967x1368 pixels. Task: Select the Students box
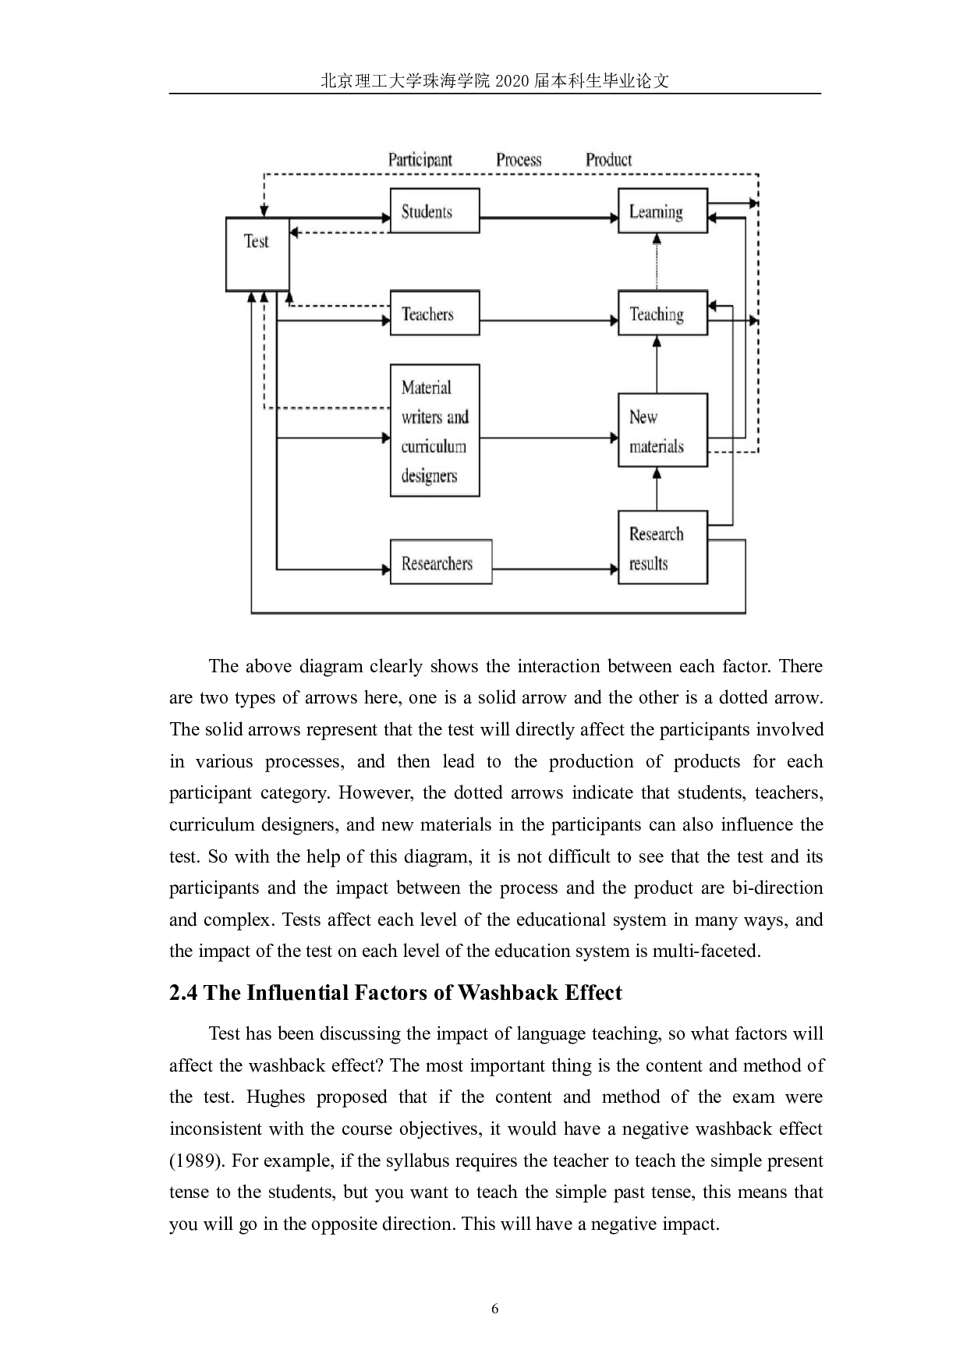coord(434,211)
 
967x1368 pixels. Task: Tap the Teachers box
coord(434,314)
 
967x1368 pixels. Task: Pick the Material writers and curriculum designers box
coord(434,431)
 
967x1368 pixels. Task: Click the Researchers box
coord(441,562)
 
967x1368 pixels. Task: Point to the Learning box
coord(662,211)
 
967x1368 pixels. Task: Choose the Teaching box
coord(662,314)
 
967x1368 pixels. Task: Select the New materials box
coord(662,431)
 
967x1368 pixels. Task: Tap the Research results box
coord(662,548)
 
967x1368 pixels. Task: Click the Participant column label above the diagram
coord(420,160)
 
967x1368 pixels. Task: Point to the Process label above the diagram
coord(519,160)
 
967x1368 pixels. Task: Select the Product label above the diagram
coord(608,160)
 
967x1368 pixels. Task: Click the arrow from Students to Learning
coord(548,219)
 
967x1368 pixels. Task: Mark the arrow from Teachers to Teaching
coord(548,320)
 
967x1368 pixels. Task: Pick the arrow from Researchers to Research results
coord(554,569)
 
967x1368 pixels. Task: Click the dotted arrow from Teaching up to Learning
coord(657,262)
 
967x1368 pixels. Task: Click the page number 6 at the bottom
coord(494,1308)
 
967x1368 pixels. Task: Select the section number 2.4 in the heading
coord(183,993)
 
